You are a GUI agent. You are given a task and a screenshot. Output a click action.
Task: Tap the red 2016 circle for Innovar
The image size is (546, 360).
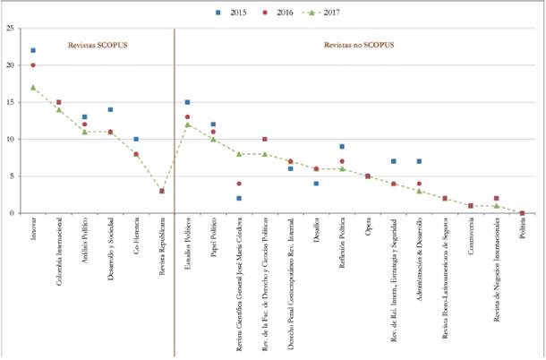click(x=33, y=65)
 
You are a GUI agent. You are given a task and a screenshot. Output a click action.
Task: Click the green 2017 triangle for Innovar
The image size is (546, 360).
click(x=33, y=88)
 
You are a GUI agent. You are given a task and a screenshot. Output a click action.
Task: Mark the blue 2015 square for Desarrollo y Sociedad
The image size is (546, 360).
click(x=110, y=109)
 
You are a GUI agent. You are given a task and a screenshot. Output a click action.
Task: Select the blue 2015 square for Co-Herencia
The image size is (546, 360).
click(x=136, y=139)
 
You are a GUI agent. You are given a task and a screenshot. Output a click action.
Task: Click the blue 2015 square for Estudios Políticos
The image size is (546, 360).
click(x=187, y=102)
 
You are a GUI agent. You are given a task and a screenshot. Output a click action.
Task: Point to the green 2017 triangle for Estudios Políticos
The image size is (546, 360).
click(x=187, y=124)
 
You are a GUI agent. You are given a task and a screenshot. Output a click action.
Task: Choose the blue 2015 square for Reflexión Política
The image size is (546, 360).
click(x=342, y=147)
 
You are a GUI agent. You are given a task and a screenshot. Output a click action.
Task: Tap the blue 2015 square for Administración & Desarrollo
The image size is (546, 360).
click(x=419, y=161)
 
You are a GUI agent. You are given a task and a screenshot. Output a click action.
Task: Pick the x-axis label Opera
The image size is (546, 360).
click(x=368, y=228)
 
